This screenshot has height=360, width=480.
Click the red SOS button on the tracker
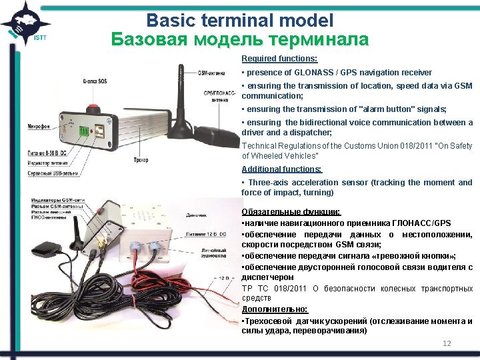[x=95, y=107]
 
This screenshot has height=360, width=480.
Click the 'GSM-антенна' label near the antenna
[x=212, y=73]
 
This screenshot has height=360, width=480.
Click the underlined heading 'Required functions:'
[x=270, y=59]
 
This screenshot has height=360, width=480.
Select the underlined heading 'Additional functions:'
[x=272, y=169]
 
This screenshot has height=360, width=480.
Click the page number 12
[x=447, y=343]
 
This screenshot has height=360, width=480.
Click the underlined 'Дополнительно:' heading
[x=275, y=309]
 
